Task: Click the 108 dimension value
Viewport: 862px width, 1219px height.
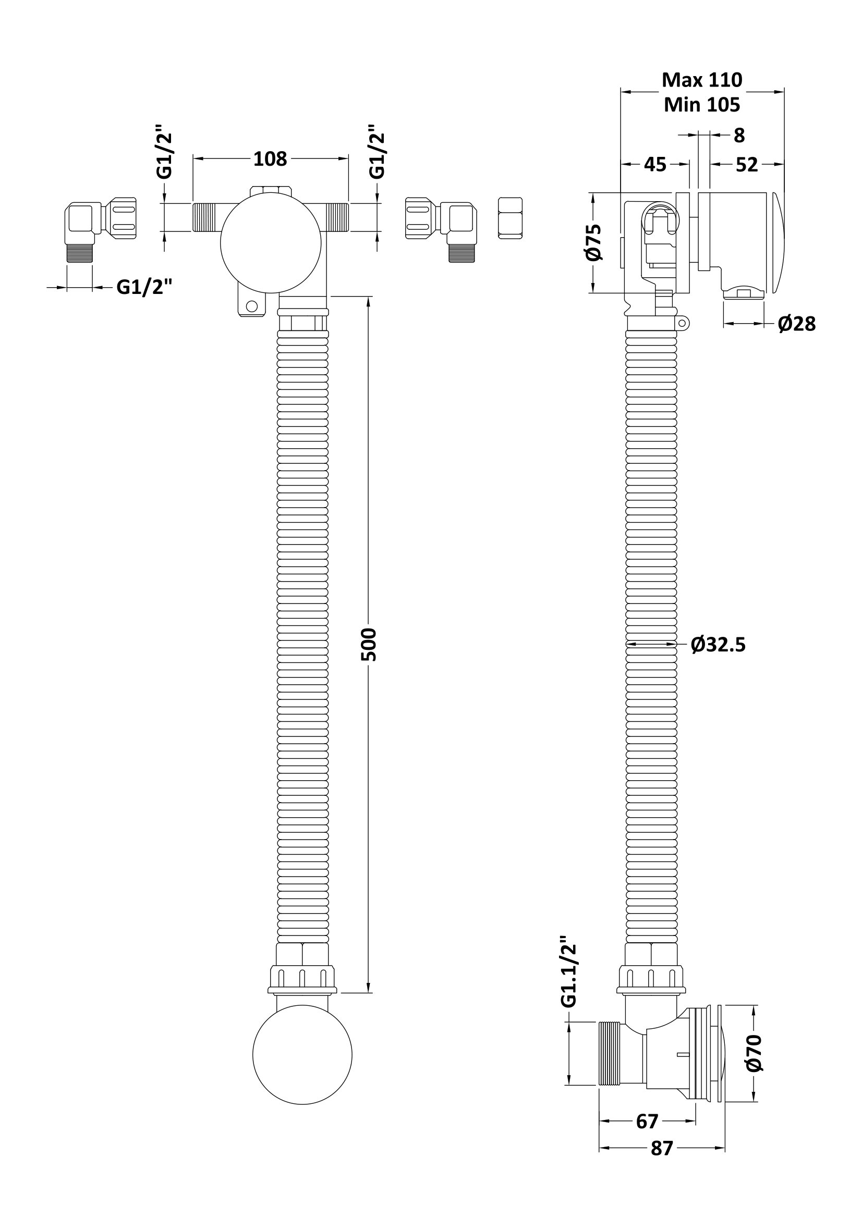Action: (270, 159)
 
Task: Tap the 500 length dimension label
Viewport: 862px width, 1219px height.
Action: (369, 644)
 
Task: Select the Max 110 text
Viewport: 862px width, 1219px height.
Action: (701, 80)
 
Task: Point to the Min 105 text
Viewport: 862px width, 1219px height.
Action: (701, 105)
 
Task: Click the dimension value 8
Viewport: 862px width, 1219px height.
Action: (739, 136)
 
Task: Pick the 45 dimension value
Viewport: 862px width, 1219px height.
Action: (655, 165)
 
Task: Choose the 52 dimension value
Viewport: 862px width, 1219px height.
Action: (746, 165)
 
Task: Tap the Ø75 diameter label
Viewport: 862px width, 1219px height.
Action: (594, 242)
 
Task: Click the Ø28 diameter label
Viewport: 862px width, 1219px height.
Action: (797, 323)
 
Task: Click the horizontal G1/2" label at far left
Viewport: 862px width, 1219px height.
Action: (144, 287)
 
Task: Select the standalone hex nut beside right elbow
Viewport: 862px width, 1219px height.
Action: (511, 218)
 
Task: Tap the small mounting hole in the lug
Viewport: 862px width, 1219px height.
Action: (252, 306)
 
